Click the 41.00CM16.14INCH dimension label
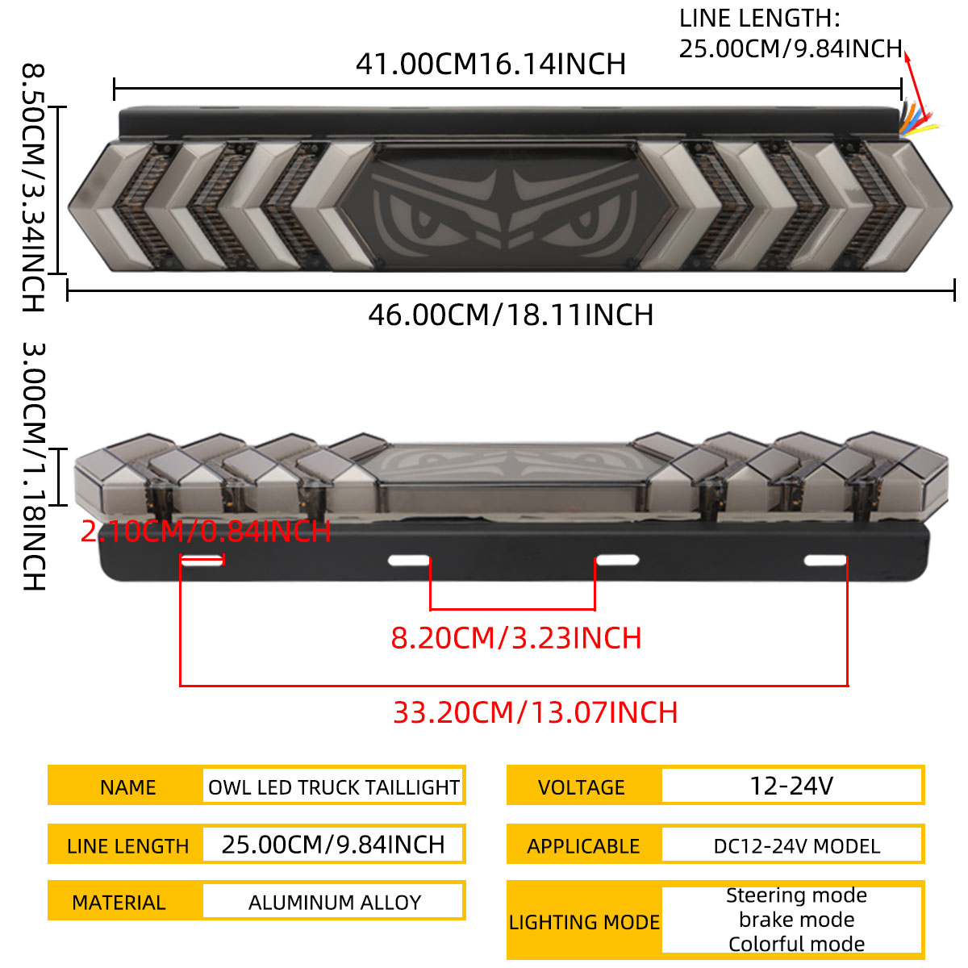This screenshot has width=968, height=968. pyautogui.click(x=490, y=65)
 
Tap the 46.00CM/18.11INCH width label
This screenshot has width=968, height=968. pyautogui.click(x=511, y=315)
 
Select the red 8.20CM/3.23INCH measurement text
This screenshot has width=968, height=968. pyautogui.click(x=516, y=638)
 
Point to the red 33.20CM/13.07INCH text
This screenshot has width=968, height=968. pyautogui.click(x=535, y=712)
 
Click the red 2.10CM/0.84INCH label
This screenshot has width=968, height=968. pyautogui.click(x=206, y=531)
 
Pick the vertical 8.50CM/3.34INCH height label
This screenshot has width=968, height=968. pyautogui.click(x=34, y=187)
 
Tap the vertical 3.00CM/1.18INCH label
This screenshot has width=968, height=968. pyautogui.click(x=34, y=466)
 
